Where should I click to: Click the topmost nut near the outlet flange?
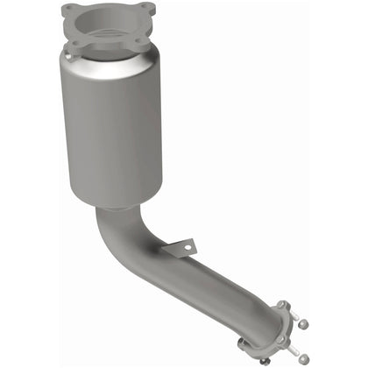pyautogui.click(x=303, y=323)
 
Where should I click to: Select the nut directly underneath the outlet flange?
pyautogui.click(x=265, y=359)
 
